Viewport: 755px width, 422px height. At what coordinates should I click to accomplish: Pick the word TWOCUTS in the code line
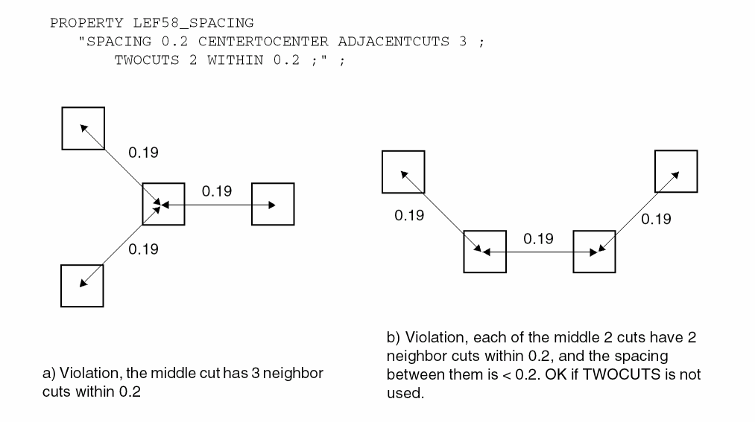[147, 60]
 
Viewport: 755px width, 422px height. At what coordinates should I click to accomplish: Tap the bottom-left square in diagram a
[81, 286]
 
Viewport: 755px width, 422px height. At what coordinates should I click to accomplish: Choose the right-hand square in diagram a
[273, 203]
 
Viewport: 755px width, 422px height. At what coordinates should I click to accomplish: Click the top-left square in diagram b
[403, 171]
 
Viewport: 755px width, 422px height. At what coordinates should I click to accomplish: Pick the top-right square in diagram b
[676, 171]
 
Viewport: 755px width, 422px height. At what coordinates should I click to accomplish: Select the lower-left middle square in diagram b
[485, 252]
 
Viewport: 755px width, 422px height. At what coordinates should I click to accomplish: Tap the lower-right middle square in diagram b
[594, 252]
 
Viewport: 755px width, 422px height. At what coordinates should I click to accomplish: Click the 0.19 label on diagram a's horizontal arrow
[217, 191]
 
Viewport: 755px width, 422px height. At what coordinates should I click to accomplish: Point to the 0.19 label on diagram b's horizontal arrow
[538, 239]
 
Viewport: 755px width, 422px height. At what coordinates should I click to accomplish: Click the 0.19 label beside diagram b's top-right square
[656, 219]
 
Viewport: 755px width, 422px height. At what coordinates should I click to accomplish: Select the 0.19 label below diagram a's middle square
[143, 249]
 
